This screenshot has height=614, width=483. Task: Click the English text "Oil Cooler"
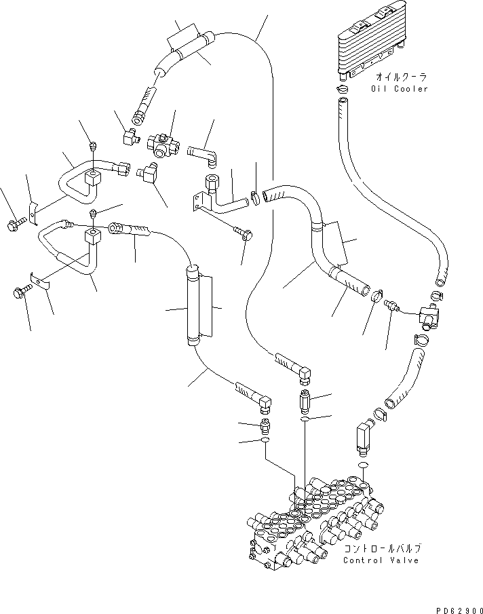coord(400,89)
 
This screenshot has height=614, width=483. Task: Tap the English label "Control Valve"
coord(381,560)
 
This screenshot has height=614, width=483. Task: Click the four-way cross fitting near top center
coord(163,143)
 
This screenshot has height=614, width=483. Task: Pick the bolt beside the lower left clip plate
coord(18,293)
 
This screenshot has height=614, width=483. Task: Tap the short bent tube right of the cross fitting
coord(203,150)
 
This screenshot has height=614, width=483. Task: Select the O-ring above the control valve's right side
coord(362,465)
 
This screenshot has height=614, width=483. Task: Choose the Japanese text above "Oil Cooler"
coord(398,77)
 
